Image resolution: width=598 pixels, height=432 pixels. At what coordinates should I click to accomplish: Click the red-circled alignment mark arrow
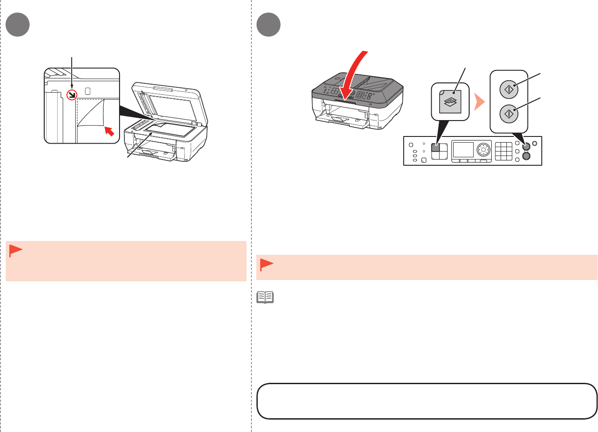[72, 94]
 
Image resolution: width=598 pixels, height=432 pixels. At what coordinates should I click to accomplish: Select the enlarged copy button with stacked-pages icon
[451, 102]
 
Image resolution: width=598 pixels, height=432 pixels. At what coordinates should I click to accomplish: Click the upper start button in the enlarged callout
[509, 89]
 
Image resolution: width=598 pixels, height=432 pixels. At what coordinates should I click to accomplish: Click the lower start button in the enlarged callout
[509, 114]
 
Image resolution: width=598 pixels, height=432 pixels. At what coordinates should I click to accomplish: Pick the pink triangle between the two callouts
[479, 102]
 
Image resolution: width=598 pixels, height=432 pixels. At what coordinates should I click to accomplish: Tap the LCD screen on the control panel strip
[463, 150]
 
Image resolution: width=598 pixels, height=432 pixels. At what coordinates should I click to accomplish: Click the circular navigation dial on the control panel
[484, 150]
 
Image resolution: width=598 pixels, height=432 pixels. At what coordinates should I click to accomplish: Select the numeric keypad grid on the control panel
[503, 151]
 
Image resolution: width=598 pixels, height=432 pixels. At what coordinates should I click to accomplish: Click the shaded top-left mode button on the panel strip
[436, 148]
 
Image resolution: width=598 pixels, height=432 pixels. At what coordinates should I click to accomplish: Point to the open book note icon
[265, 297]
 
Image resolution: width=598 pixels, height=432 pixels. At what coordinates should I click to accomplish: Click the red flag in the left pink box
[15, 251]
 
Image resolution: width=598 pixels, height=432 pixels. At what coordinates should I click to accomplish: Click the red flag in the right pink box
[266, 265]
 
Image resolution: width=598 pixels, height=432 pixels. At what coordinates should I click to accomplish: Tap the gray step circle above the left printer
[18, 25]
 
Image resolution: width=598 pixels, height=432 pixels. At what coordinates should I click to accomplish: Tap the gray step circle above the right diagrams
[268, 25]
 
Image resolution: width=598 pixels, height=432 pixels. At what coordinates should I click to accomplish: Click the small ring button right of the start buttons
[534, 144]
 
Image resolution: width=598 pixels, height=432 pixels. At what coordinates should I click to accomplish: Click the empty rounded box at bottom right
[427, 401]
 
